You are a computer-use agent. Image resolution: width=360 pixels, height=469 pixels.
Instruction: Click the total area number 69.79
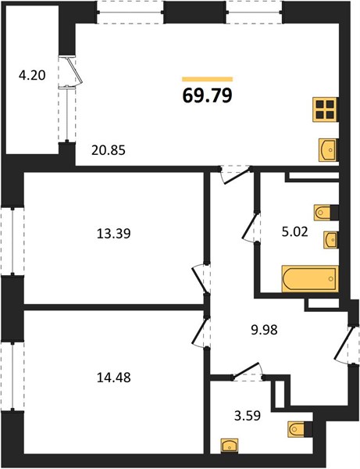[208, 96]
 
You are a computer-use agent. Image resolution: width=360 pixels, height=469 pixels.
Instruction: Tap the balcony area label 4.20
[32, 75]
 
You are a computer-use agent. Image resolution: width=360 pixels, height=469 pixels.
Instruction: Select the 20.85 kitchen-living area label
[109, 150]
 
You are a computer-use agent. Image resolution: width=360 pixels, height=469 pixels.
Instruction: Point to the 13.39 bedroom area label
[114, 234]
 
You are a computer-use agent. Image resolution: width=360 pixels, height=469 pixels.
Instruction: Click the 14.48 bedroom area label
[114, 378]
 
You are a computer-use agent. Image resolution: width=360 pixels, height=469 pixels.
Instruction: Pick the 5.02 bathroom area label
[295, 232]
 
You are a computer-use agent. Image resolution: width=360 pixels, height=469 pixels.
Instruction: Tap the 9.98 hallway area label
[265, 330]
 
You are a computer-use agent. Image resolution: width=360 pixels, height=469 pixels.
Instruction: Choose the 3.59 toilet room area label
[248, 416]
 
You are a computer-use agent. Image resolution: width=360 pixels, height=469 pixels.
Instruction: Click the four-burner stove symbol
[326, 109]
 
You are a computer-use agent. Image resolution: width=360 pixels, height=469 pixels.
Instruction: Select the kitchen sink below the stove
[328, 150]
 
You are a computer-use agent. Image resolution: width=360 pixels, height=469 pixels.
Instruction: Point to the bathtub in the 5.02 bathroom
[310, 279]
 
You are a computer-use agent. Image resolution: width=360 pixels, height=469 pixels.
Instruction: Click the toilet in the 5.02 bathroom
[326, 213]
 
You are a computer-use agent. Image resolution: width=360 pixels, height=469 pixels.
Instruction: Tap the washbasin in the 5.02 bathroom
[331, 240]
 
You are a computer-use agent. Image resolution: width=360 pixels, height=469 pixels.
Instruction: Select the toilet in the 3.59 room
[300, 429]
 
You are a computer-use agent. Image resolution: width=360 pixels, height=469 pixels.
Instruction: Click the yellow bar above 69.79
[208, 79]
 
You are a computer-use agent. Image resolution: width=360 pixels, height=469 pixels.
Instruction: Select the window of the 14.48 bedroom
[12, 377]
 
